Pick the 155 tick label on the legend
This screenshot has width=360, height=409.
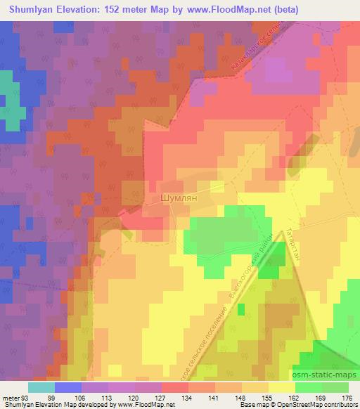tap(267, 397)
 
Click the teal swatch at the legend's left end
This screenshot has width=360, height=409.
tap(41, 387)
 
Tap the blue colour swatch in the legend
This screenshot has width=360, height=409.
tap(68, 387)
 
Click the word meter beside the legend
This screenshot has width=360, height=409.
tap(10, 397)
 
